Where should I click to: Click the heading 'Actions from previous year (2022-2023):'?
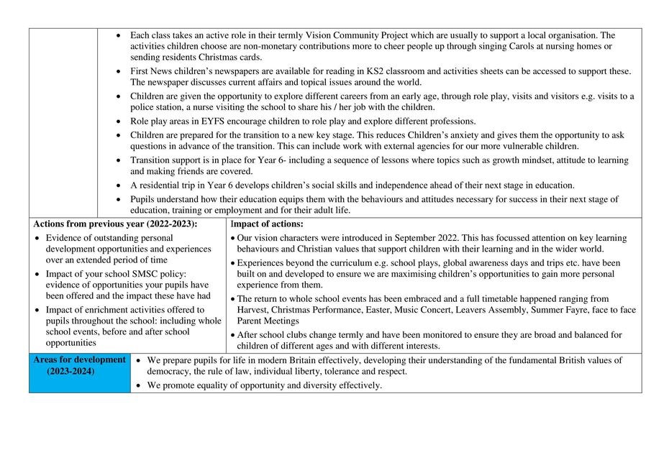click(115, 224)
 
